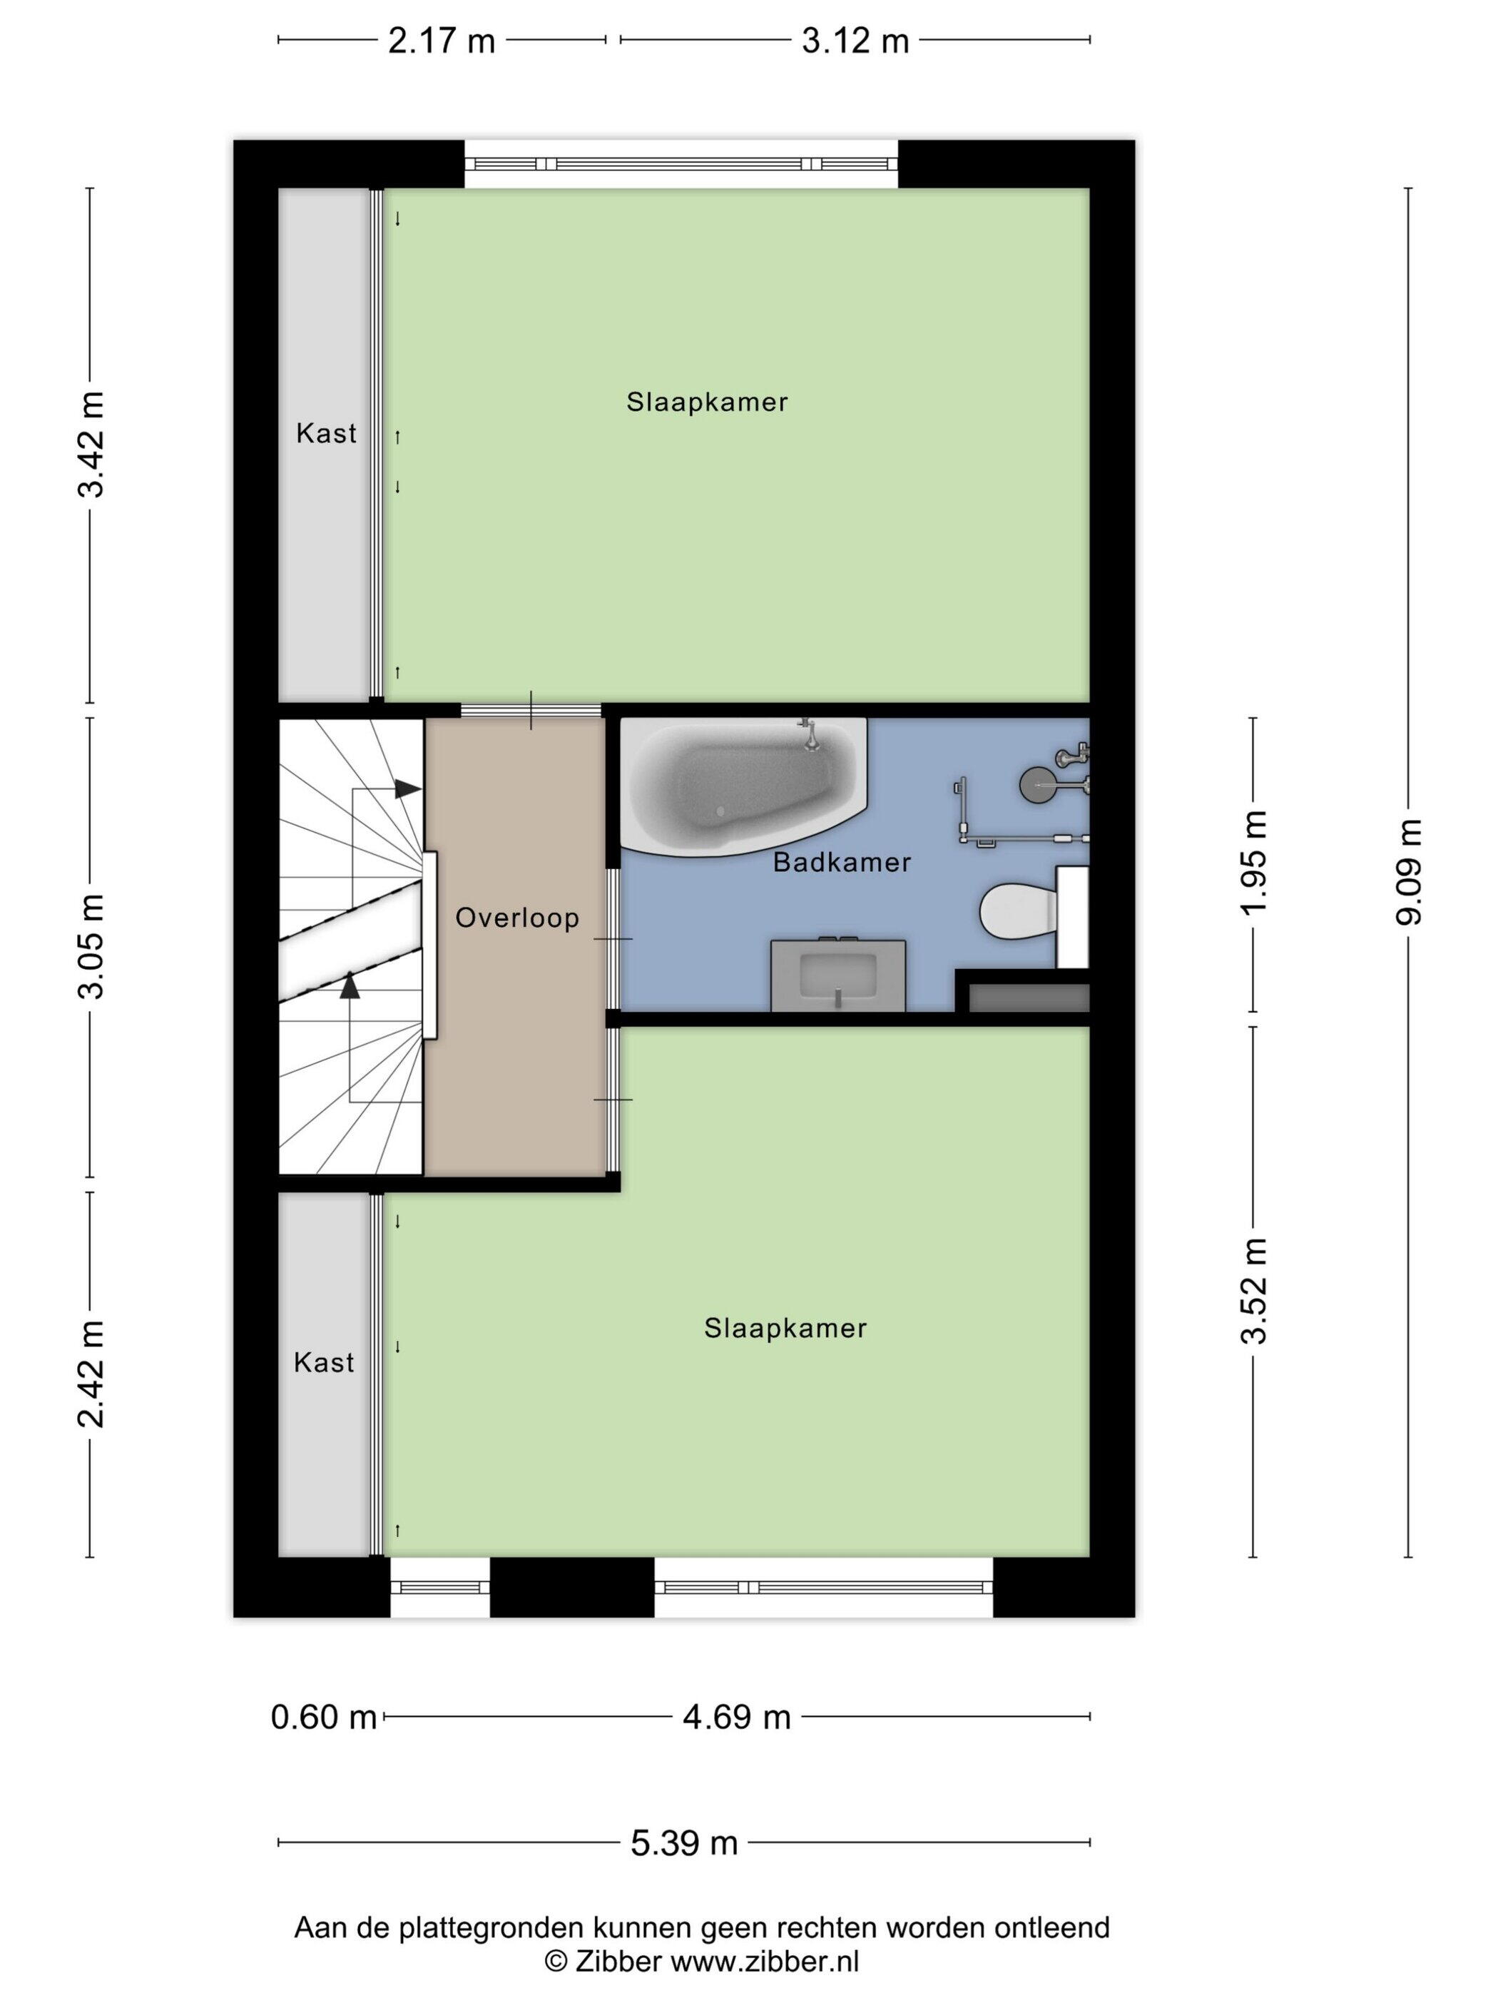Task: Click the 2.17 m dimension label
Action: tap(442, 41)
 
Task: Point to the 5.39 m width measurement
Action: tap(683, 1842)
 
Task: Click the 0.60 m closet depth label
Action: tap(323, 1716)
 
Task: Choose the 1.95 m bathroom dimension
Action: tap(1253, 863)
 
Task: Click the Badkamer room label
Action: tap(842, 863)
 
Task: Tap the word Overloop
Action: tap(516, 918)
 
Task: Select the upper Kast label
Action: tap(326, 434)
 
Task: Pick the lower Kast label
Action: tap(323, 1362)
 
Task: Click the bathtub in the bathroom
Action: tap(743, 785)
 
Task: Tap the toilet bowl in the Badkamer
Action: tap(1019, 911)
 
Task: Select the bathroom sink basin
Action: tap(838, 975)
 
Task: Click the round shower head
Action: tap(1036, 784)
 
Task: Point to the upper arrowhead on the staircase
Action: tap(408, 788)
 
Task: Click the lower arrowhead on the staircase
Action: tap(350, 985)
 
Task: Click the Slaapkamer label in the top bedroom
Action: tap(707, 402)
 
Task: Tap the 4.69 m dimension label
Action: tap(736, 1716)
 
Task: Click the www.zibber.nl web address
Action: tap(765, 1961)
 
